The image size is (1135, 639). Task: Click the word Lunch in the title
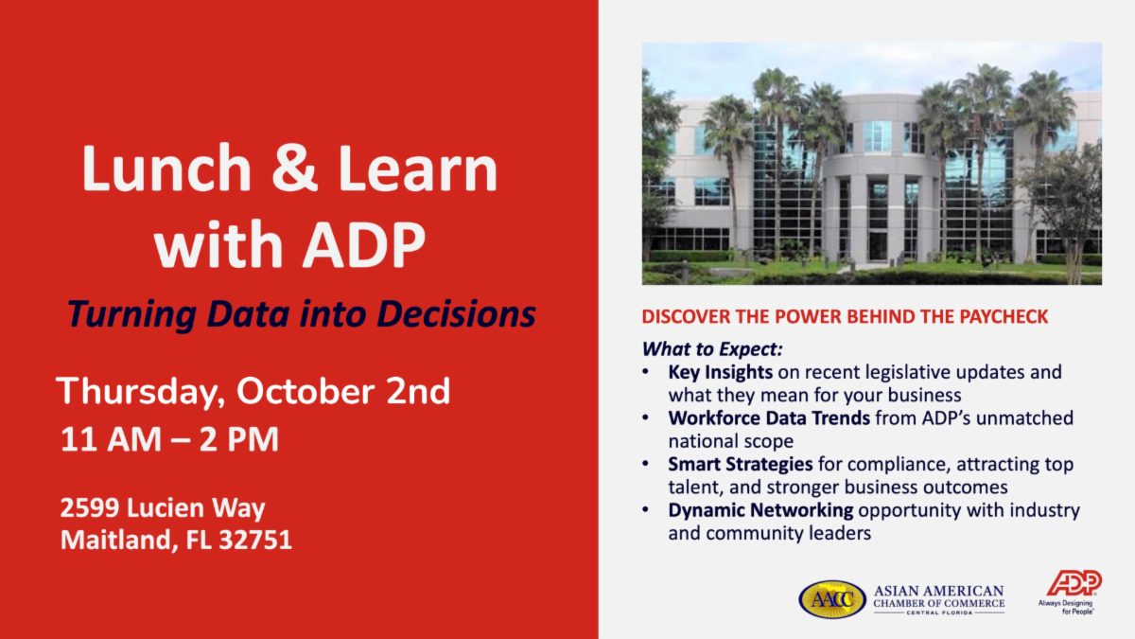pyautogui.click(x=166, y=168)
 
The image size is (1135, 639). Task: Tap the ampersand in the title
pyautogui.click(x=295, y=168)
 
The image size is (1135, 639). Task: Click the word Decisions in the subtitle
pyautogui.click(x=457, y=314)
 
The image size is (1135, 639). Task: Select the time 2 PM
pyautogui.click(x=238, y=439)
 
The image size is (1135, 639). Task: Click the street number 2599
pyautogui.click(x=90, y=507)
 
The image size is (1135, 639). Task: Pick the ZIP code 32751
pyautogui.click(x=255, y=540)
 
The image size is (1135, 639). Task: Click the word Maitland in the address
pyautogui.click(x=119, y=541)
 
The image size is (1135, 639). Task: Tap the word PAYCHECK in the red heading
pyautogui.click(x=1004, y=316)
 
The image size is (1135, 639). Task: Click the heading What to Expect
pyautogui.click(x=712, y=349)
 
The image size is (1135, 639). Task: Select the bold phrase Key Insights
pyautogui.click(x=720, y=373)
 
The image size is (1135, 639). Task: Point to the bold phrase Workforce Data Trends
pyautogui.click(x=769, y=417)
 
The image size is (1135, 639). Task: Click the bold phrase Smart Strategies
pyautogui.click(x=741, y=465)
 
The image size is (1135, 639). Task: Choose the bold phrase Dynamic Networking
pyautogui.click(x=760, y=510)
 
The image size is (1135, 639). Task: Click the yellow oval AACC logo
pyautogui.click(x=832, y=599)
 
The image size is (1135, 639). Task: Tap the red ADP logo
pyautogui.click(x=1074, y=583)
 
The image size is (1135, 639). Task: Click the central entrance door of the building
pyautogui.click(x=878, y=246)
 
